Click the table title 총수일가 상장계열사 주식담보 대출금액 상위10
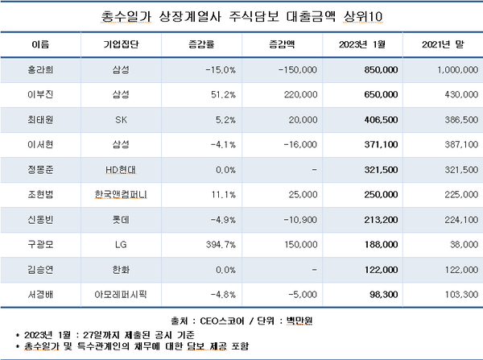(242, 15)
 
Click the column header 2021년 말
(442, 43)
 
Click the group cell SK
(122, 120)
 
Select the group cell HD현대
(122, 170)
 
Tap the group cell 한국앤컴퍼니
(122, 195)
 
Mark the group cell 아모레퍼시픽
(122, 294)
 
